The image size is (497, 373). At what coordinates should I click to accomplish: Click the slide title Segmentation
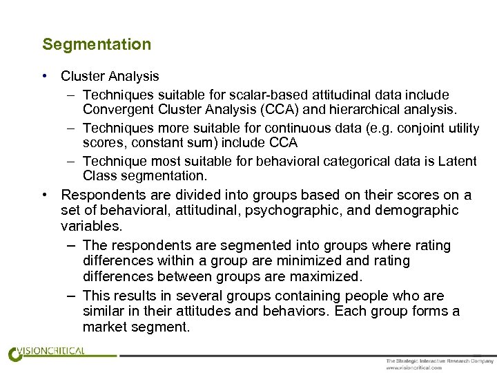97,44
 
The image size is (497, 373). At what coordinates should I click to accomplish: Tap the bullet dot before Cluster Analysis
44,77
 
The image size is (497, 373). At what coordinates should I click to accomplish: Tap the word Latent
458,162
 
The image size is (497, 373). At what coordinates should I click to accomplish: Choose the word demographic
422,210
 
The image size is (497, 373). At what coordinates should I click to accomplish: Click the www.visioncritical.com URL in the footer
413,367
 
